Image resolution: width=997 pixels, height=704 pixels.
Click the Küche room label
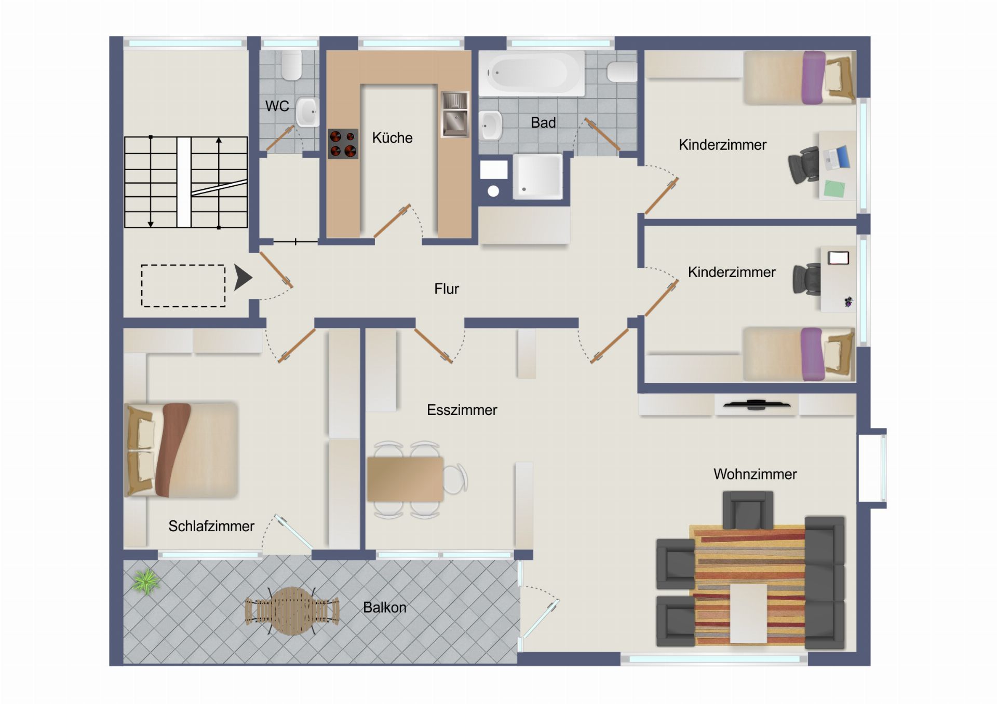[x=392, y=137]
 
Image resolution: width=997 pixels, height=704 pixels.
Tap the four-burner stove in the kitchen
[x=343, y=144]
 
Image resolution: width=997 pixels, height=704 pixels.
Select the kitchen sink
[x=455, y=114]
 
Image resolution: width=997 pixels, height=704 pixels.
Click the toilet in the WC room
[x=291, y=65]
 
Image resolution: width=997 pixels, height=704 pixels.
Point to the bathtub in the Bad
[x=531, y=73]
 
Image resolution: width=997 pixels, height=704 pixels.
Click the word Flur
[x=447, y=289]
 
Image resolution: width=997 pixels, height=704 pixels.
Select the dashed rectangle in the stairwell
[x=183, y=286]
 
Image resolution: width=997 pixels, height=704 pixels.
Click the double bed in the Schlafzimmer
[x=181, y=450]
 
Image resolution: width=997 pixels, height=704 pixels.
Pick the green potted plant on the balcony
[x=146, y=581]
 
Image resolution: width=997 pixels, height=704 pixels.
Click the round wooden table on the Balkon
[x=292, y=611]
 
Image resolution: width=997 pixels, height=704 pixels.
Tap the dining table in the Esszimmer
[x=405, y=479]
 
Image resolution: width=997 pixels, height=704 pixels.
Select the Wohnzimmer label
[x=755, y=474]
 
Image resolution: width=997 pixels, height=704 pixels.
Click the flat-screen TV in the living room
[x=757, y=404]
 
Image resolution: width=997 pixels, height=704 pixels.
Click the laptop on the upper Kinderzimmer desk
[x=837, y=158]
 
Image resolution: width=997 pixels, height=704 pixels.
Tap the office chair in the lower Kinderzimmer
[x=806, y=279]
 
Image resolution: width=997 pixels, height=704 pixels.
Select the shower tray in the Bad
[x=538, y=176]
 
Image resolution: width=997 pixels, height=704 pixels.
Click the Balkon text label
[x=385, y=608]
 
